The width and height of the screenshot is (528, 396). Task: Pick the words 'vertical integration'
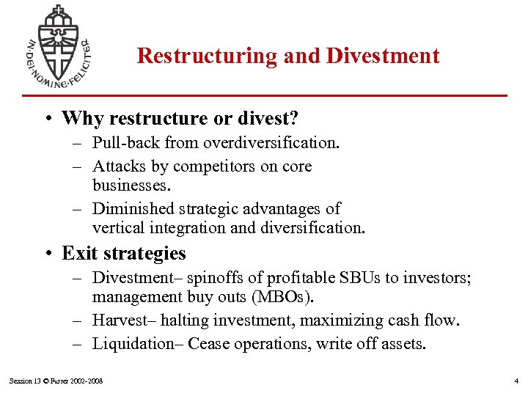point(159,228)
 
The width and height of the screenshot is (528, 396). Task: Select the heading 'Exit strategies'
point(124,254)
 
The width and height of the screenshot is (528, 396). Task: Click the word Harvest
point(120,320)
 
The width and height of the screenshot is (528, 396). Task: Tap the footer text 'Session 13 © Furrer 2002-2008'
point(56,381)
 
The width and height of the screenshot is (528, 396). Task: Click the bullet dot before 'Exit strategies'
point(46,254)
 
